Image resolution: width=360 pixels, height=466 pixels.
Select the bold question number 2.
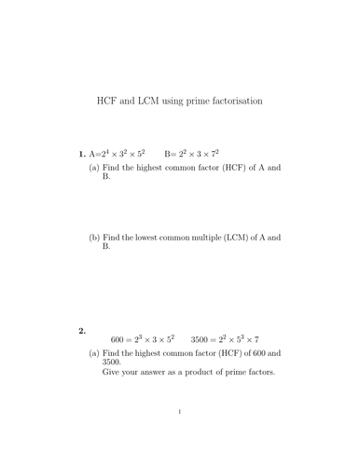coord(82,331)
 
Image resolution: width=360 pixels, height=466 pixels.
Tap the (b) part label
coord(94,237)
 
